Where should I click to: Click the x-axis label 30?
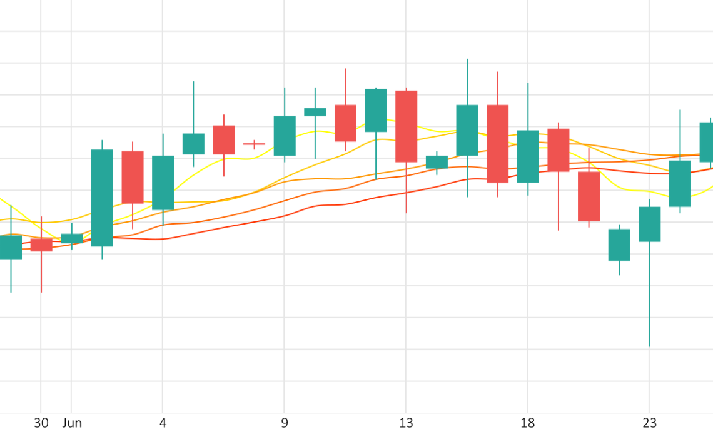point(41,423)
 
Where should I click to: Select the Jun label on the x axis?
point(72,423)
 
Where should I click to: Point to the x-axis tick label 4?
point(163,423)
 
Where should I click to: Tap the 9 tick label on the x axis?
point(285,423)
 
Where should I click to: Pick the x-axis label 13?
point(406,423)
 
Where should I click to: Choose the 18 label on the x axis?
point(528,423)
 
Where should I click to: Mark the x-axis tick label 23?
point(649,423)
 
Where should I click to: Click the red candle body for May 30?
point(41,245)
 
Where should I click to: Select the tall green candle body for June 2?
point(102,198)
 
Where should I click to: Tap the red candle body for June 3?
point(133,177)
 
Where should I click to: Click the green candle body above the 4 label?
point(163,183)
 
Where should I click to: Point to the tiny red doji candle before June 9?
point(254,144)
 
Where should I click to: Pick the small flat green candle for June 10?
point(315,112)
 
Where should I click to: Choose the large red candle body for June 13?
point(406,126)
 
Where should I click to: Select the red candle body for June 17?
point(497,144)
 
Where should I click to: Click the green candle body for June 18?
point(528,156)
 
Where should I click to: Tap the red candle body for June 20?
point(589,196)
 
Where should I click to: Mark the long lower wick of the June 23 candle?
point(649,294)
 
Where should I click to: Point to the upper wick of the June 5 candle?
point(193,107)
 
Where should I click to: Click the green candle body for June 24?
point(680,183)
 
